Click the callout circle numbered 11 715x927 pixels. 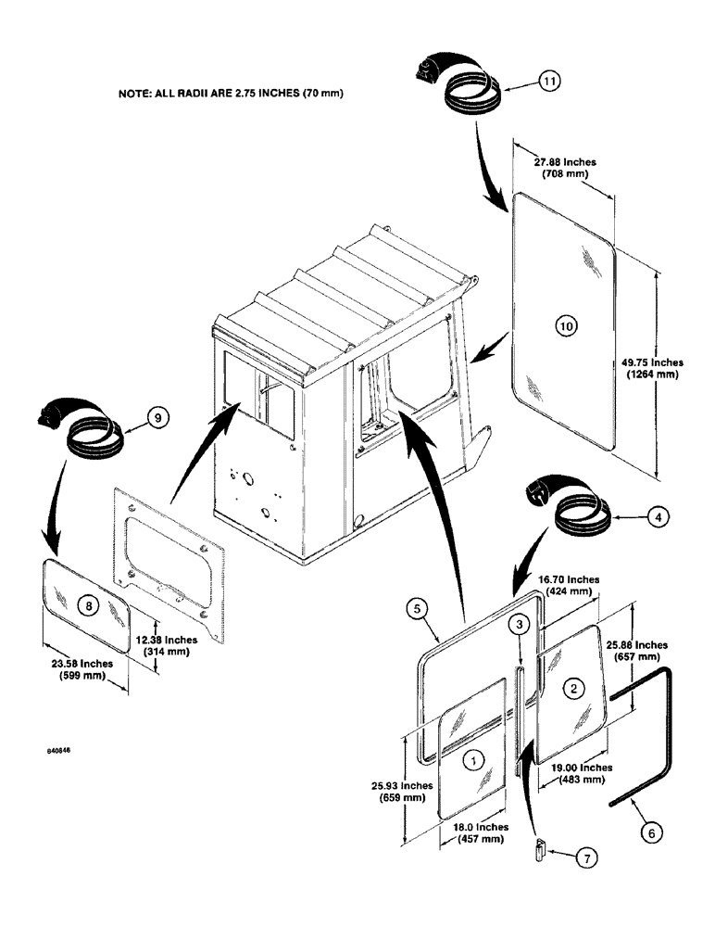[x=551, y=82]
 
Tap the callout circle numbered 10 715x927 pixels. [x=567, y=324]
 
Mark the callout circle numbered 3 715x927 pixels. [x=521, y=627]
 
